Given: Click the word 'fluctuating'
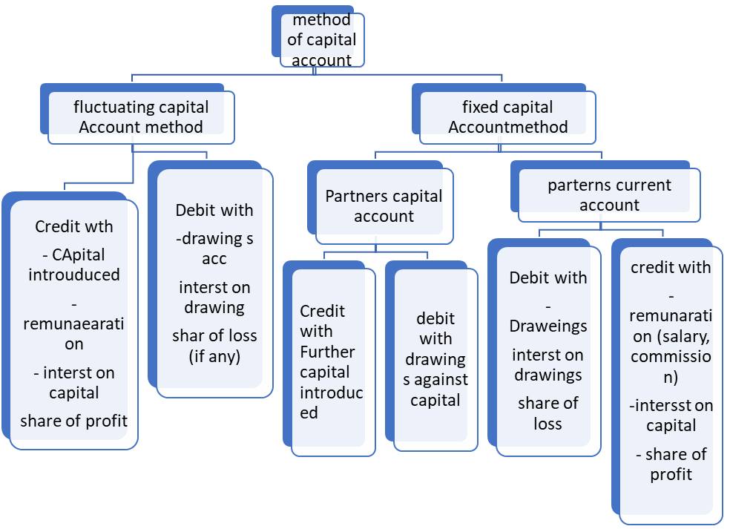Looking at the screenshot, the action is (x=109, y=107).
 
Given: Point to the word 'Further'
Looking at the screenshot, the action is (x=327, y=352).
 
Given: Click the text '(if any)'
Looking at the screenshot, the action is (x=214, y=357).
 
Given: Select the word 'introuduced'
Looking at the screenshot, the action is (x=74, y=275).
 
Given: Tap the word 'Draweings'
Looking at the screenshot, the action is (x=548, y=326).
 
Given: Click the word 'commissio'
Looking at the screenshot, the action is (x=671, y=357).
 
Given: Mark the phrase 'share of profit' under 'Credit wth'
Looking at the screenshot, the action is (x=74, y=421).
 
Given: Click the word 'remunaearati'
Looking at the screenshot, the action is (x=73, y=323).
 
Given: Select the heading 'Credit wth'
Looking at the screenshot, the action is (x=74, y=227).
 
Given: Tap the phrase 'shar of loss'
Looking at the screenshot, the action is (x=214, y=336).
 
